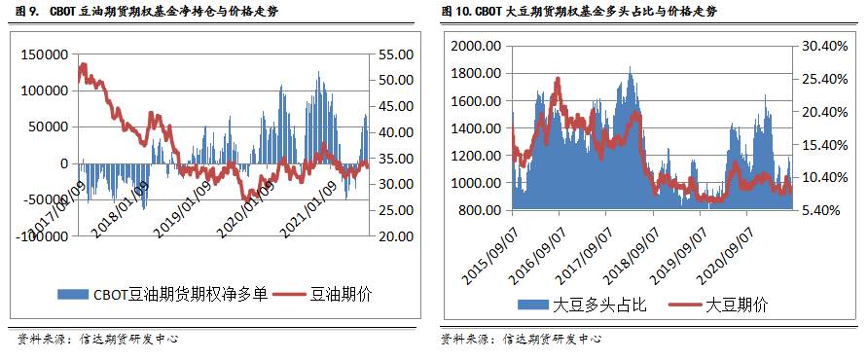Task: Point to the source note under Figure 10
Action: (x=521, y=340)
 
